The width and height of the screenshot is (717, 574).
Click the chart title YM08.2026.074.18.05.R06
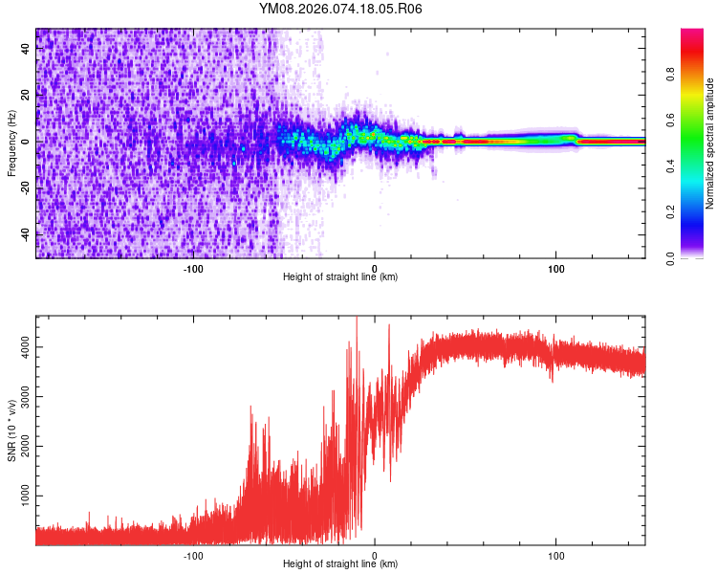click(340, 9)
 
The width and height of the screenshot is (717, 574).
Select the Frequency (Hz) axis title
click(12, 143)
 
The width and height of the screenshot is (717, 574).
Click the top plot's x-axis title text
click(340, 277)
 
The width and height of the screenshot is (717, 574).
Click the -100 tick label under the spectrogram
click(193, 268)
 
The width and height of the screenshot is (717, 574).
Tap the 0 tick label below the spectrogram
click(375, 268)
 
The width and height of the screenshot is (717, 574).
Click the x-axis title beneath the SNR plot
click(340, 564)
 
